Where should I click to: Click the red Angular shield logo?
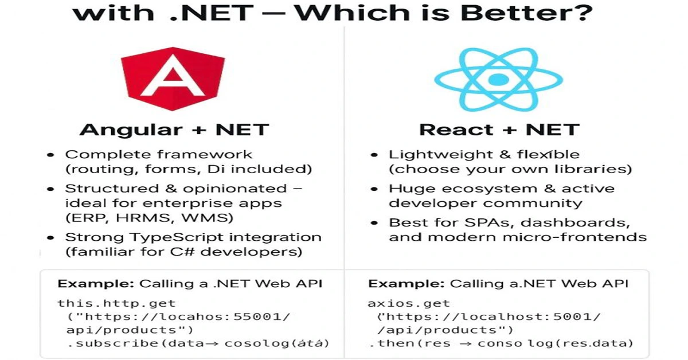[x=173, y=79]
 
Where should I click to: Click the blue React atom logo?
[x=498, y=79]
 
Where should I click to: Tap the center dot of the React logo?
[x=498, y=80]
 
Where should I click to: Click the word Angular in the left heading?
[x=131, y=130]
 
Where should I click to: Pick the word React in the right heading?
[x=456, y=130]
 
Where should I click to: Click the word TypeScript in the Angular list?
[x=177, y=238]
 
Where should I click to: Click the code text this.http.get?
[x=116, y=303]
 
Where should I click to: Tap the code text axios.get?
[x=409, y=303]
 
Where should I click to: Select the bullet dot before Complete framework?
[x=50, y=155]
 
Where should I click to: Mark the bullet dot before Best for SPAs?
[x=374, y=223]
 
